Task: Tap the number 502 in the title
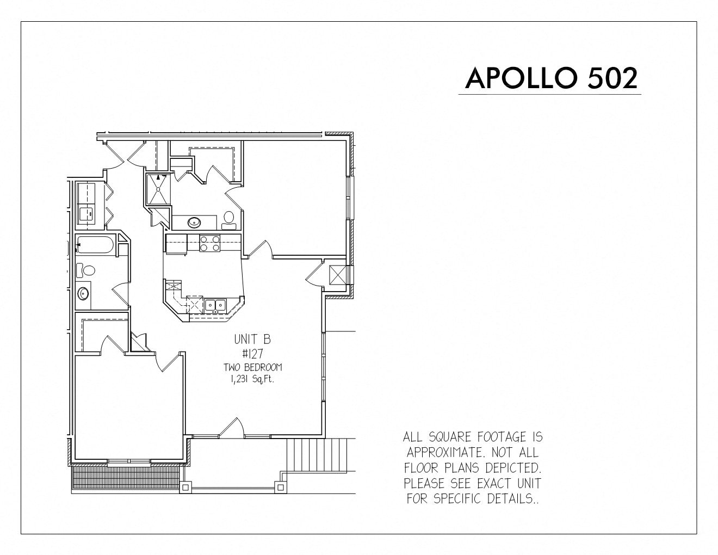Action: (x=612, y=78)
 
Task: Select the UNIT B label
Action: (x=252, y=339)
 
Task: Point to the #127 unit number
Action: (x=252, y=354)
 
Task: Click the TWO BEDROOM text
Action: (x=253, y=367)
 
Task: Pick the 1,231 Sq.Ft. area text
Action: (x=252, y=379)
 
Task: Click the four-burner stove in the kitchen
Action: (x=209, y=243)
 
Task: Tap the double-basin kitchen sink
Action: (x=215, y=305)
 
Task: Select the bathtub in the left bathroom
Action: (x=95, y=245)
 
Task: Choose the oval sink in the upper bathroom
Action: (x=194, y=222)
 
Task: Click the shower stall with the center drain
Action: (x=158, y=189)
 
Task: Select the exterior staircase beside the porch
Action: (x=317, y=455)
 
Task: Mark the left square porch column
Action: (x=185, y=487)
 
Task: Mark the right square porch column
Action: (x=281, y=487)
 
